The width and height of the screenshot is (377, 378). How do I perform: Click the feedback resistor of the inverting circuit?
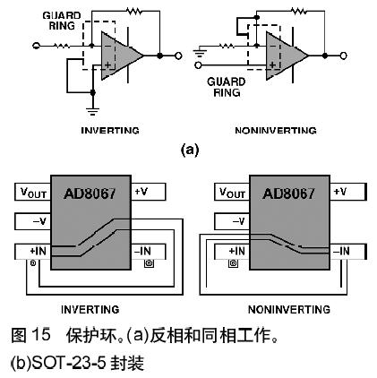134,11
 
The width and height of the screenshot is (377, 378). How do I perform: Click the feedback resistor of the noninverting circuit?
299,11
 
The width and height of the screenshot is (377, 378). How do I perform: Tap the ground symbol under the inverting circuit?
93,111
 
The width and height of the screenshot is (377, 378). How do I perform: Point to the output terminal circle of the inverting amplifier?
178,56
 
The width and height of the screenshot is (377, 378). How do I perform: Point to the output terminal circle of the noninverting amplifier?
343,56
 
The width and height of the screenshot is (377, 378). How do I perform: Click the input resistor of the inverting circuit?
62,46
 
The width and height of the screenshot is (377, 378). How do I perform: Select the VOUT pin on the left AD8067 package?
33,192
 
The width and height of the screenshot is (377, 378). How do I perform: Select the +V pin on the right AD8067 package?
347,192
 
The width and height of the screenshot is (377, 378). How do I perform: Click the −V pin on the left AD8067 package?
33,221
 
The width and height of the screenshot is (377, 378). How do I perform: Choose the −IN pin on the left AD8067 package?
149,252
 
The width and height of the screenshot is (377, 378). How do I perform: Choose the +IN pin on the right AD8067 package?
232,252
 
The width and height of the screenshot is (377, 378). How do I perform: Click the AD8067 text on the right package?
288,193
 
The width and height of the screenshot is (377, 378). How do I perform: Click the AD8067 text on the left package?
90,193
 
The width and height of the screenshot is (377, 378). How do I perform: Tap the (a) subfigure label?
190,150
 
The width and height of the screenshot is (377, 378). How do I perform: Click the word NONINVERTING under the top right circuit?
276,131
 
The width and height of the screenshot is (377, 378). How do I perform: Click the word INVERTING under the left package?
90,309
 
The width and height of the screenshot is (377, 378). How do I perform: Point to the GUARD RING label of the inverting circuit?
62,21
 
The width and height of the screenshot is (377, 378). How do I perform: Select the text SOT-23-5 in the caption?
68,363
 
